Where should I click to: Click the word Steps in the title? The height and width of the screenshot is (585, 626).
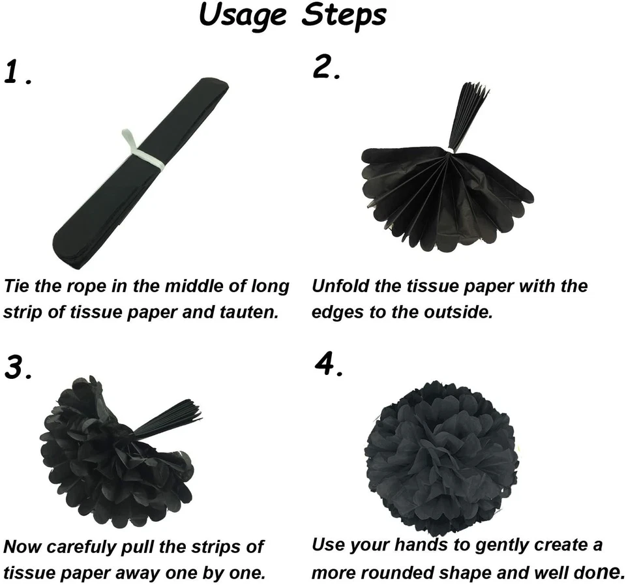(x=344, y=17)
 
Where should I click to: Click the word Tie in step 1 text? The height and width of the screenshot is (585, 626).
(x=18, y=286)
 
